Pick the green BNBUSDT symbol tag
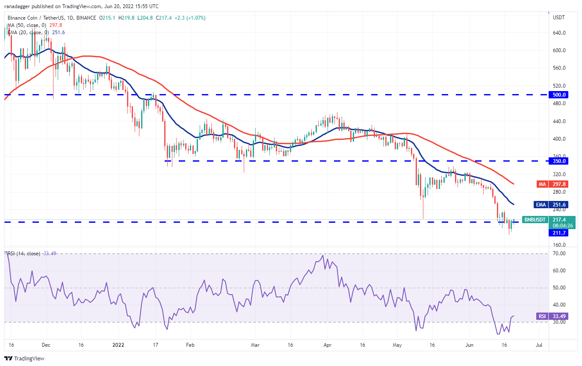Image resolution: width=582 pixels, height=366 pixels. pos(534,220)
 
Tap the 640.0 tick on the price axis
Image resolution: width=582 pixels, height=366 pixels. pos(559,33)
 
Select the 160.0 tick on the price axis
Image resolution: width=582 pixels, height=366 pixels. pos(559,245)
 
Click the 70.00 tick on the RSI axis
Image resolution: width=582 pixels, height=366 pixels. pos(559,254)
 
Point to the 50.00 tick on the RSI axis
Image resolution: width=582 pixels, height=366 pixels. pos(559,288)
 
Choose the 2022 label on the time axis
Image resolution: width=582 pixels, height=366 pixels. pos(116,345)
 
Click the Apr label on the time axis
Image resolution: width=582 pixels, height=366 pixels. pos(328,345)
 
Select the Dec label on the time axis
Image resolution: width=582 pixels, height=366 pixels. pos(47,345)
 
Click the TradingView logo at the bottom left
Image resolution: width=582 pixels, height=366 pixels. pos(24,358)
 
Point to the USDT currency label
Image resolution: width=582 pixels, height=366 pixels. pos(559,18)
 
